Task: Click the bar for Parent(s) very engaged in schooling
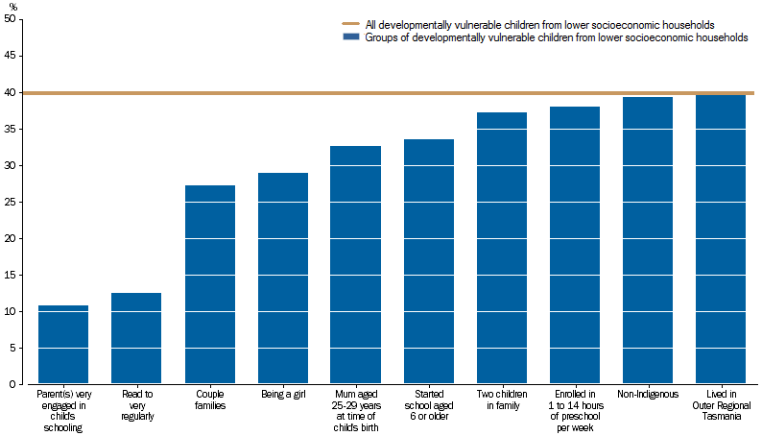(x=63, y=345)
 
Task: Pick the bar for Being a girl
(x=282, y=279)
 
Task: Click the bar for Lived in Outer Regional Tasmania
(x=720, y=239)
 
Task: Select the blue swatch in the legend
(x=350, y=37)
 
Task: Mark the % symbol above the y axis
(x=13, y=7)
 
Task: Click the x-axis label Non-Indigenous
(x=647, y=394)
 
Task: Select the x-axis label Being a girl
(x=282, y=394)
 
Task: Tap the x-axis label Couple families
(x=209, y=400)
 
